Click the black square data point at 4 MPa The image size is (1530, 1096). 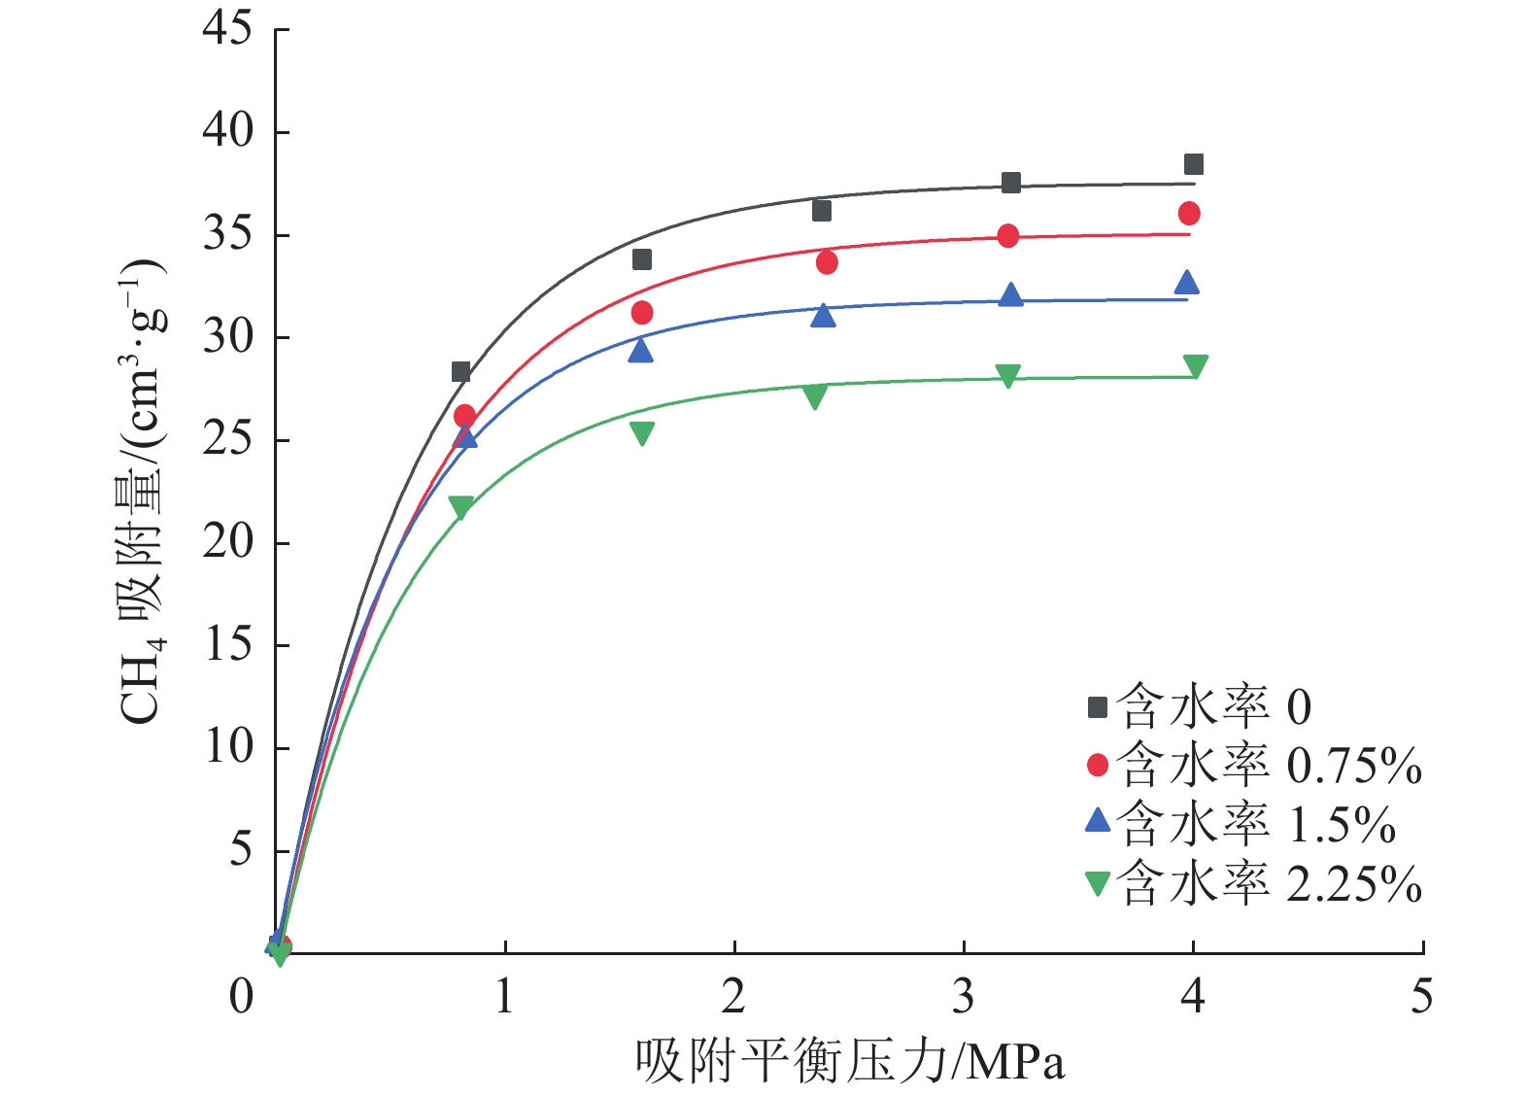[1194, 164]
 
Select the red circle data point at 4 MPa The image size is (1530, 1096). [1189, 214]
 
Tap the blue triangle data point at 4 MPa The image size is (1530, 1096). [1187, 283]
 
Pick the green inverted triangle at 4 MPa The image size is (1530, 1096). [1196, 366]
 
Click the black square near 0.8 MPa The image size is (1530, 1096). [461, 372]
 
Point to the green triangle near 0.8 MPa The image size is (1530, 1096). [461, 507]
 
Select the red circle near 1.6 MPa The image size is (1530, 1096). [642, 313]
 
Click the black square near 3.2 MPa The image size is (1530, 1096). [1011, 183]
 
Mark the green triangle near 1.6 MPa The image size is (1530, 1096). [642, 432]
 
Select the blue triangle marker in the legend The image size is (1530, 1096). [1098, 821]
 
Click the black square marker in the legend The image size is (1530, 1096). [1098, 707]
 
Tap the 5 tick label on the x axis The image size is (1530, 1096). [1422, 997]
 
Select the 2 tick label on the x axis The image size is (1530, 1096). [733, 997]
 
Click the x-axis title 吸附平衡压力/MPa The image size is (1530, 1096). [850, 1061]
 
